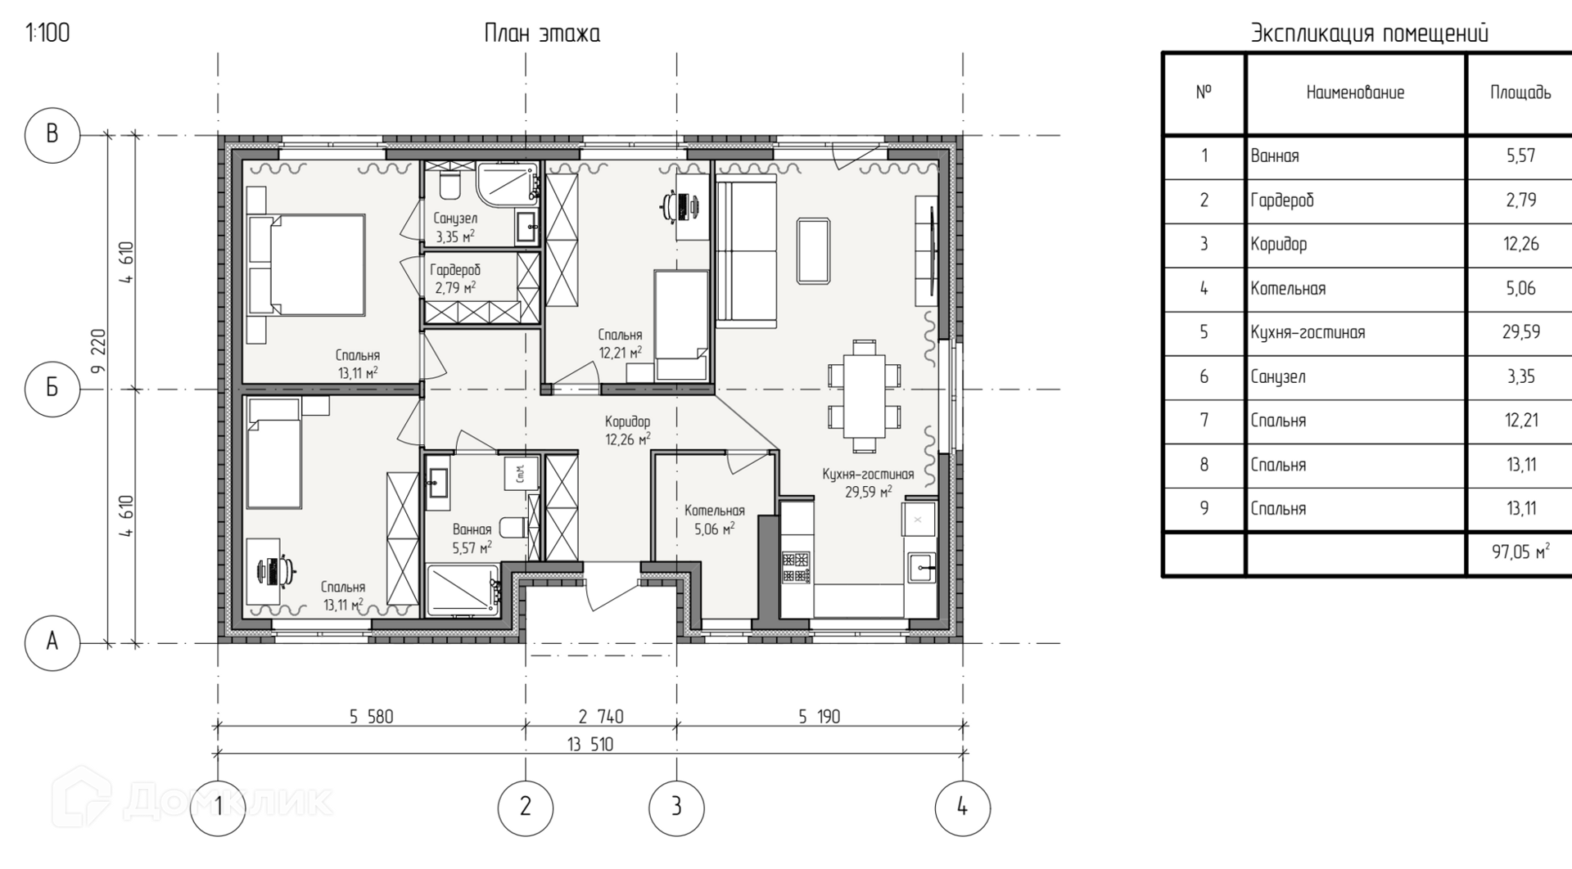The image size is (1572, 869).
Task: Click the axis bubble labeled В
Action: (52, 134)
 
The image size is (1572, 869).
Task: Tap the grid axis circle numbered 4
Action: (962, 808)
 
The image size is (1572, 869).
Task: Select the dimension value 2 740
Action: (601, 717)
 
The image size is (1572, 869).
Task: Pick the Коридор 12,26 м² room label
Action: (628, 430)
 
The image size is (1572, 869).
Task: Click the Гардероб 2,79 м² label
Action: (455, 278)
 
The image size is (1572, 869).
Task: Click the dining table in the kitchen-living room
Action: (865, 395)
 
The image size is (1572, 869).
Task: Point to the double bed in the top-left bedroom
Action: (305, 264)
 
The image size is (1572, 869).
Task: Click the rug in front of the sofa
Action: (813, 251)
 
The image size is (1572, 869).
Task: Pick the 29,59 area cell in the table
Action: (1520, 332)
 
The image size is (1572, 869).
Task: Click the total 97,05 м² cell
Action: (1520, 553)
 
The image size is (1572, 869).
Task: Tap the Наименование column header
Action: (1355, 93)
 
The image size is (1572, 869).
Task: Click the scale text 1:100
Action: (48, 34)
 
